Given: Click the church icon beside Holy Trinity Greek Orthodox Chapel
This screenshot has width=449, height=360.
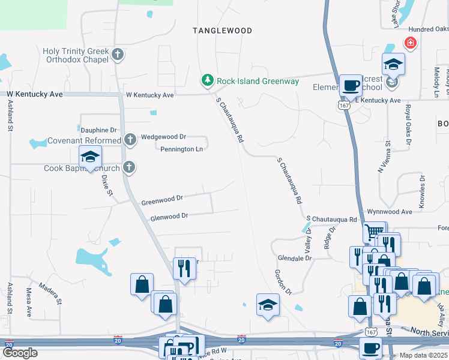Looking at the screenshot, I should point(118,55).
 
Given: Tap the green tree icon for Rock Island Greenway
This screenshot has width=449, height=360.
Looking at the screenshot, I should point(207,80).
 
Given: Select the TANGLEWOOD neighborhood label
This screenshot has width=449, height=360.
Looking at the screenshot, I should point(222,30).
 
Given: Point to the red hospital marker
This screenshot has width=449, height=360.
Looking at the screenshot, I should point(410,43).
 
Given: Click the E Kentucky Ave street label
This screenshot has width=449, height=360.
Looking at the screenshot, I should point(377,100).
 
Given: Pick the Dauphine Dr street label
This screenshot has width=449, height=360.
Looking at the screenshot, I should point(97,130).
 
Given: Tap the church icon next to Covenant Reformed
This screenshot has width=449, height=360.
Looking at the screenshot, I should point(130,140).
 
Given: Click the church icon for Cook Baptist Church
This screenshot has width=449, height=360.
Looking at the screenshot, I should point(128,168).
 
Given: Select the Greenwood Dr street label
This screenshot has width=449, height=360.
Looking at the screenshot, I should point(162,199).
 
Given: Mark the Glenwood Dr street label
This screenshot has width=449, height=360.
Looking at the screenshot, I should point(169,216).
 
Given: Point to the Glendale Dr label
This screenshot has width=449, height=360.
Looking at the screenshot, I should point(295,258).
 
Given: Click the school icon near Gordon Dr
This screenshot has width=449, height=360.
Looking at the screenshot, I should point(268,304).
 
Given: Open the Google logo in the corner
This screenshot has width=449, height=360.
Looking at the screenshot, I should point(20,353).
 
